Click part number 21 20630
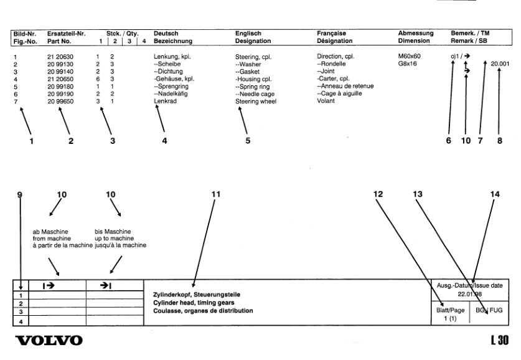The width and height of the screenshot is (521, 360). click(x=60, y=57)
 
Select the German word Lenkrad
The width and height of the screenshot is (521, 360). click(x=166, y=101)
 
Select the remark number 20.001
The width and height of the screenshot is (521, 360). click(x=499, y=64)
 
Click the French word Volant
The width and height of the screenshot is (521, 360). click(x=326, y=101)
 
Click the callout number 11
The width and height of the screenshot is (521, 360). click(x=216, y=193)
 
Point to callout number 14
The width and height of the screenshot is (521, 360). click(x=495, y=193)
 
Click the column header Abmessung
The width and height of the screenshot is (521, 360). click(x=415, y=32)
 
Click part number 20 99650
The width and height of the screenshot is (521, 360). click(x=60, y=101)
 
